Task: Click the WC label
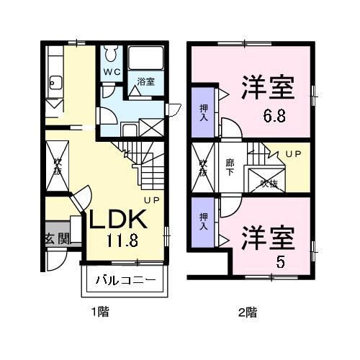coord(110,72)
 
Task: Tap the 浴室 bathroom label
coord(146,81)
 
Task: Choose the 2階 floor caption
coord(247,312)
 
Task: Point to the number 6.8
coord(273,116)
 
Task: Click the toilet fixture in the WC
coord(110,54)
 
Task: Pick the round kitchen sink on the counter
coord(53,82)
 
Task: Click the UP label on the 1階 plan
coord(151,199)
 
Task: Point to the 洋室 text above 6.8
coord(267,91)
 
